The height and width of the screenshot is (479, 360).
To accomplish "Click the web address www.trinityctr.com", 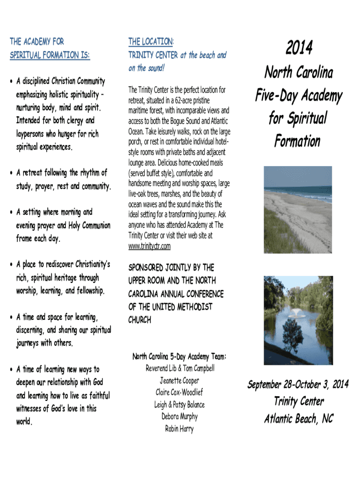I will pyautogui.click(x=150, y=246).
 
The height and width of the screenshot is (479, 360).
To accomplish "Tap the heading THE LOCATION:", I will pyautogui.click(x=151, y=42).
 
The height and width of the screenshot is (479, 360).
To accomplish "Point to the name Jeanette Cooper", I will pyautogui.click(x=179, y=380).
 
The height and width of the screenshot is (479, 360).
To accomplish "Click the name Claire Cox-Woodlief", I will pyautogui.click(x=179, y=392).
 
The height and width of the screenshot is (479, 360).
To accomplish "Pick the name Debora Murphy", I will pyautogui.click(x=180, y=416).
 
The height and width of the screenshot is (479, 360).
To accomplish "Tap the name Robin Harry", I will pyautogui.click(x=179, y=428).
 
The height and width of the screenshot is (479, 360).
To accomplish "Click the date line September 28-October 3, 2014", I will pyautogui.click(x=298, y=385).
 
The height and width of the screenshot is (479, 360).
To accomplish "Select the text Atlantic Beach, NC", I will pyautogui.click(x=298, y=419).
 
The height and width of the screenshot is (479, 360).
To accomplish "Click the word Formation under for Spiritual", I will pyautogui.click(x=297, y=141).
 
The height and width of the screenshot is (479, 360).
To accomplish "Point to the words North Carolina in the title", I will pyautogui.click(x=298, y=73).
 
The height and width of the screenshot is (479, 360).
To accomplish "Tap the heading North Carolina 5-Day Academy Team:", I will pyautogui.click(x=179, y=357).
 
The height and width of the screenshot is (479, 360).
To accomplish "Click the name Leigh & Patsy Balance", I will pyautogui.click(x=179, y=405).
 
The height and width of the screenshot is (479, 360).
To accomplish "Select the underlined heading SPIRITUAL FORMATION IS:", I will pyautogui.click(x=50, y=55).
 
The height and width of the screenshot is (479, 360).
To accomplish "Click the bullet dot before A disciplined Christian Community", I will pyautogui.click(x=11, y=81).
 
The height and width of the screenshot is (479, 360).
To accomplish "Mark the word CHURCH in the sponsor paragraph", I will pyautogui.click(x=140, y=320).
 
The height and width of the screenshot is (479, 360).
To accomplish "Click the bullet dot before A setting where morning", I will pyautogui.click(x=11, y=212).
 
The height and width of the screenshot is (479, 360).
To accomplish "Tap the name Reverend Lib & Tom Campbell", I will pyautogui.click(x=180, y=369).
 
